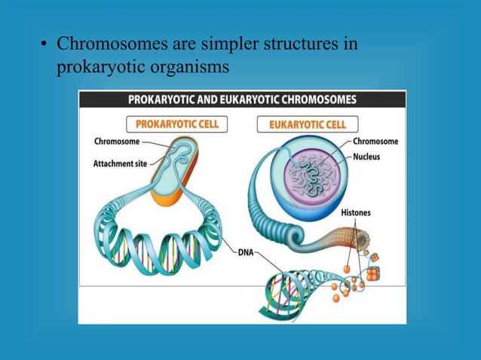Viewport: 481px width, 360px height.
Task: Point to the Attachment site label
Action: click(x=120, y=163)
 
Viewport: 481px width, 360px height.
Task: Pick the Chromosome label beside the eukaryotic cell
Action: click(x=377, y=142)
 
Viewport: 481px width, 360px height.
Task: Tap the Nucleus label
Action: click(x=369, y=157)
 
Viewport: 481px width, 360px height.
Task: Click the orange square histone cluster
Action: click(x=372, y=274)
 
